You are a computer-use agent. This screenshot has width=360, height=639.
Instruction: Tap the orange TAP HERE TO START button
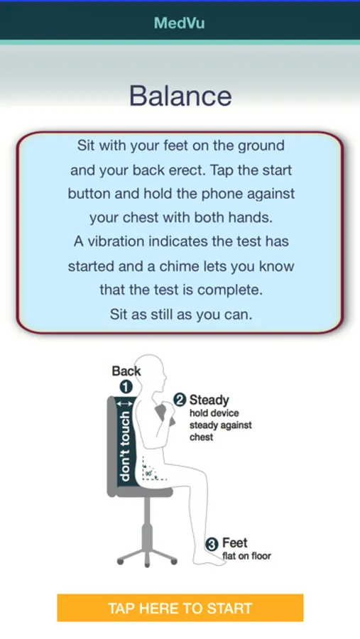click(x=180, y=608)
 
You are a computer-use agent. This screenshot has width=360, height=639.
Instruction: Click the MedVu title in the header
click(x=180, y=23)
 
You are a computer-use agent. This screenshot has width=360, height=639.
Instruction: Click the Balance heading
click(x=180, y=96)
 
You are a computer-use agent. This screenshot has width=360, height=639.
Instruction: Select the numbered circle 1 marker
click(x=126, y=387)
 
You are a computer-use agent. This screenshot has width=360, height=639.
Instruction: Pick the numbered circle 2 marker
click(x=180, y=400)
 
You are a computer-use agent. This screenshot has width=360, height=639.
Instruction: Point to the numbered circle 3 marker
click(x=212, y=545)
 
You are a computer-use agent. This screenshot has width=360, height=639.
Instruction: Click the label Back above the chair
click(x=126, y=371)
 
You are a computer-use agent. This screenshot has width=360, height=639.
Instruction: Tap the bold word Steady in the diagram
click(x=209, y=400)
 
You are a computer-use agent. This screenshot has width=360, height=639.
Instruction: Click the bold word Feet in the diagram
click(x=235, y=543)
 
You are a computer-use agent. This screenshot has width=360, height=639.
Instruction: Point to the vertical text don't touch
click(x=125, y=445)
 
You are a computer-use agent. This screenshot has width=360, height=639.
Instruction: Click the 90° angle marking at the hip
click(x=148, y=474)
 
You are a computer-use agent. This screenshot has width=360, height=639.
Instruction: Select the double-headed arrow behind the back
click(x=125, y=404)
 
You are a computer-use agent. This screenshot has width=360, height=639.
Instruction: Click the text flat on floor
click(x=246, y=556)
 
